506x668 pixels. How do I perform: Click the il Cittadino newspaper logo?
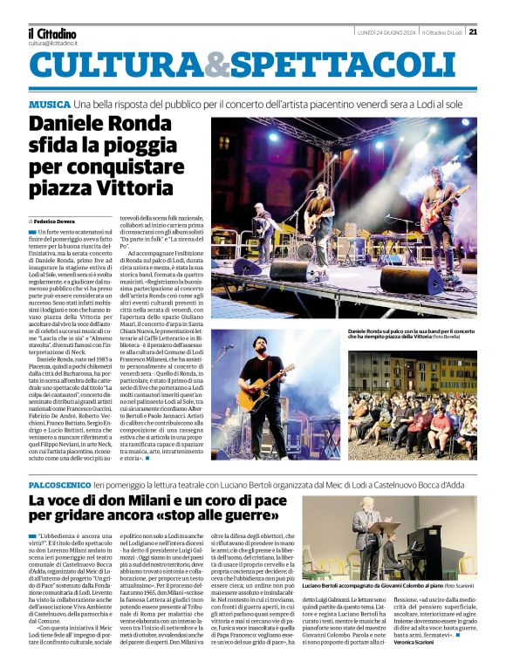click(52, 33)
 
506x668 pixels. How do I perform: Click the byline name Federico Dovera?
click(57, 222)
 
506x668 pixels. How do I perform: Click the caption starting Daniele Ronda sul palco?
click(410, 334)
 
